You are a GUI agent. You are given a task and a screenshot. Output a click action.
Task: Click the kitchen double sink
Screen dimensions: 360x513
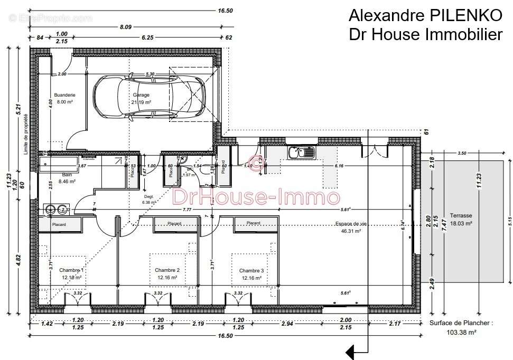[301, 153]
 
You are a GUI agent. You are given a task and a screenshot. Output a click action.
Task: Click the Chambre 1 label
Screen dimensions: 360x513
[71, 273]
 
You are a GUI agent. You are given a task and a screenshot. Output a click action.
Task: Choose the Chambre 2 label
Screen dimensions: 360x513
[167, 273]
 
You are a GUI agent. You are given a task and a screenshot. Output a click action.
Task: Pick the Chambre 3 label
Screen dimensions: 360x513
[251, 273]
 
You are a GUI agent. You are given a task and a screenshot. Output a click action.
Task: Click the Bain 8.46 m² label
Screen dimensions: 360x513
[67, 178]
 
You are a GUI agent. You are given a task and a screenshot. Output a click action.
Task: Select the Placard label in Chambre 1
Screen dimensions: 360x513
[59, 224]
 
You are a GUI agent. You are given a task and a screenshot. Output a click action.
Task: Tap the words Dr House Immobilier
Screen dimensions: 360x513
[425, 35]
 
